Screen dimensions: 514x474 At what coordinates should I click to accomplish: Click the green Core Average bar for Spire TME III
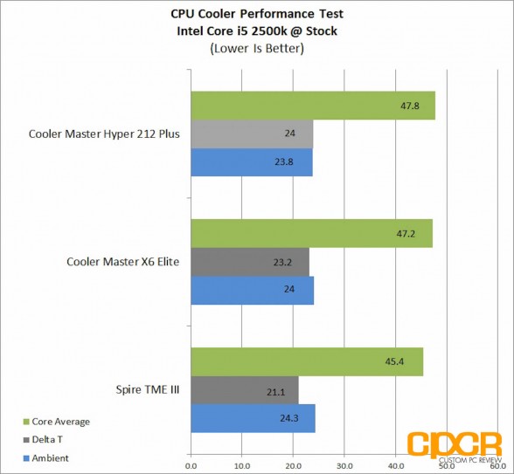[307, 361]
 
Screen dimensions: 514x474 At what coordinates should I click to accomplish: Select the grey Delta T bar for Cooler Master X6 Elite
[250, 262]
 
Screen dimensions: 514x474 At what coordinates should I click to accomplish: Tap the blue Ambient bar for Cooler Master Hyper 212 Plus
[252, 162]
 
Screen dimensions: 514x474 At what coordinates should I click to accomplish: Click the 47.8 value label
[410, 106]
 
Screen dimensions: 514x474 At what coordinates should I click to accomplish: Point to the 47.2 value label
[406, 234]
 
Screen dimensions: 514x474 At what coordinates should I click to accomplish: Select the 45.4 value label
[394, 361]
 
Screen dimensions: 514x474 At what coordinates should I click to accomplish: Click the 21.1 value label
[275, 392]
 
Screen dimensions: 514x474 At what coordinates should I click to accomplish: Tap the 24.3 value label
[289, 418]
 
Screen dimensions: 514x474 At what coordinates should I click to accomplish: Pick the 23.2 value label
[282, 262]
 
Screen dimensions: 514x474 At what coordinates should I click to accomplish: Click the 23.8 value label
[284, 162]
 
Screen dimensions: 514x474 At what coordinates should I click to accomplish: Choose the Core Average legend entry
[57, 422]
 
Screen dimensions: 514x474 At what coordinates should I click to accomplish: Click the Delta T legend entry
[43, 440]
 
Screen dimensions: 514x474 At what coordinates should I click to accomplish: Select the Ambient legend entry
[46, 458]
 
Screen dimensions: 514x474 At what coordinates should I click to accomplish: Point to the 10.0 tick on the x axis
[242, 466]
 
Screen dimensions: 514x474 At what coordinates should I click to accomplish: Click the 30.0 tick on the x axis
[344, 466]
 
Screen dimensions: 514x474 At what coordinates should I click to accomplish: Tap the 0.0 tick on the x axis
[191, 466]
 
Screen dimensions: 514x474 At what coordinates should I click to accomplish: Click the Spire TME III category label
[148, 389]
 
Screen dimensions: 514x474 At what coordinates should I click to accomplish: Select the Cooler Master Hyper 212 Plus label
[104, 134]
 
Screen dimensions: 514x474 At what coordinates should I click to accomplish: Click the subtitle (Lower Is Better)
[257, 49]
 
